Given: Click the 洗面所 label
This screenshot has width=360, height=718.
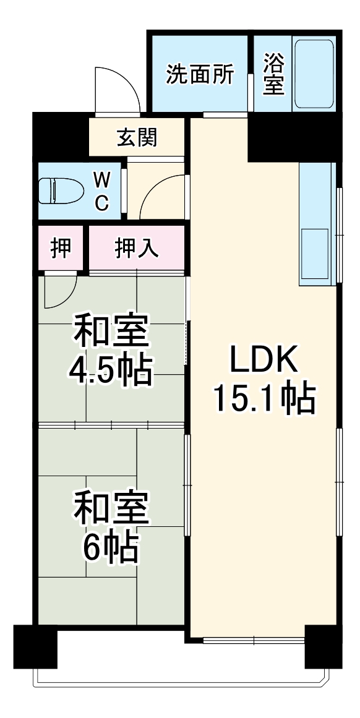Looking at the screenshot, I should (200, 75).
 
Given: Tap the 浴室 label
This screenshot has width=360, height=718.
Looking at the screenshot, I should (273, 75).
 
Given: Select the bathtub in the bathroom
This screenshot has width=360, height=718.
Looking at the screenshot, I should (314, 75).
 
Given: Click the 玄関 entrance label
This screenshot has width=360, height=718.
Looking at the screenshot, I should (137, 138).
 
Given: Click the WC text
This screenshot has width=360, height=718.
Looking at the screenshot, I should (103, 191).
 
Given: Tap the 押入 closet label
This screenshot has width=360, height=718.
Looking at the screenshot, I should (137, 248).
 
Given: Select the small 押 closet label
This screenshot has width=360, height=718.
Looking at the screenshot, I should (61, 247).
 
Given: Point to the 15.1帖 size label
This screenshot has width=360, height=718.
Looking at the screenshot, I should (264, 400).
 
